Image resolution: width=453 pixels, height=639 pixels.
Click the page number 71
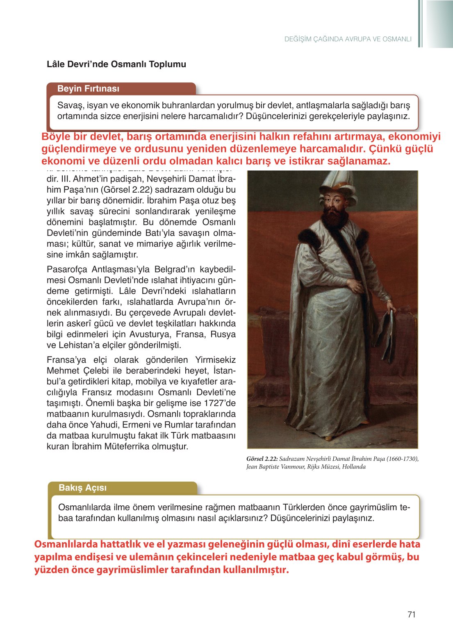(x=412, y=614)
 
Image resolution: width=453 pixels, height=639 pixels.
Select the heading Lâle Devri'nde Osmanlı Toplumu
(x=116, y=64)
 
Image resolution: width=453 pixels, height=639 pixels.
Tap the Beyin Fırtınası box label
(x=88, y=89)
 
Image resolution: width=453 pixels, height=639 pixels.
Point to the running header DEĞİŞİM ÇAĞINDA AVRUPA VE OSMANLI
(x=348, y=39)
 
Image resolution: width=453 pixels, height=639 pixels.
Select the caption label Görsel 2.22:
(x=262, y=459)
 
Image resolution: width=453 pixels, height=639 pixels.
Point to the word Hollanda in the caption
(x=353, y=467)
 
